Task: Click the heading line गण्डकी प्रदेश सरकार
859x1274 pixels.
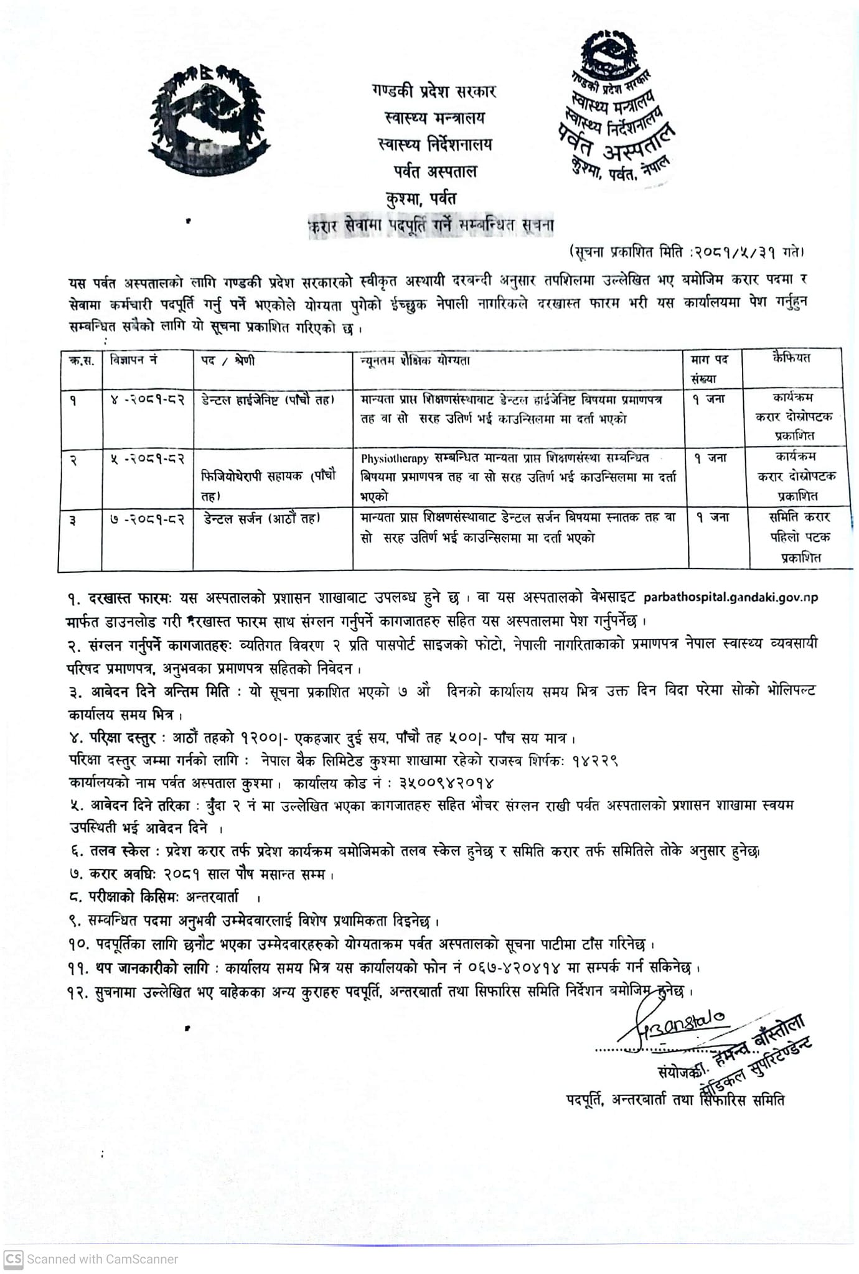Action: (433, 91)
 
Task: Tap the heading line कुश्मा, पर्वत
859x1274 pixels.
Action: (421, 199)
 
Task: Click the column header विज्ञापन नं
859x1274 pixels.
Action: (133, 360)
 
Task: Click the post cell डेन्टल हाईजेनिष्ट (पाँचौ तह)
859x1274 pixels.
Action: (268, 399)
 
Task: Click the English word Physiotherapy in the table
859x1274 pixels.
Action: (395, 458)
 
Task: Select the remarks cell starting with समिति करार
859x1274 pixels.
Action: (799, 537)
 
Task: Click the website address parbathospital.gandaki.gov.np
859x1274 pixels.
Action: (731, 597)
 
